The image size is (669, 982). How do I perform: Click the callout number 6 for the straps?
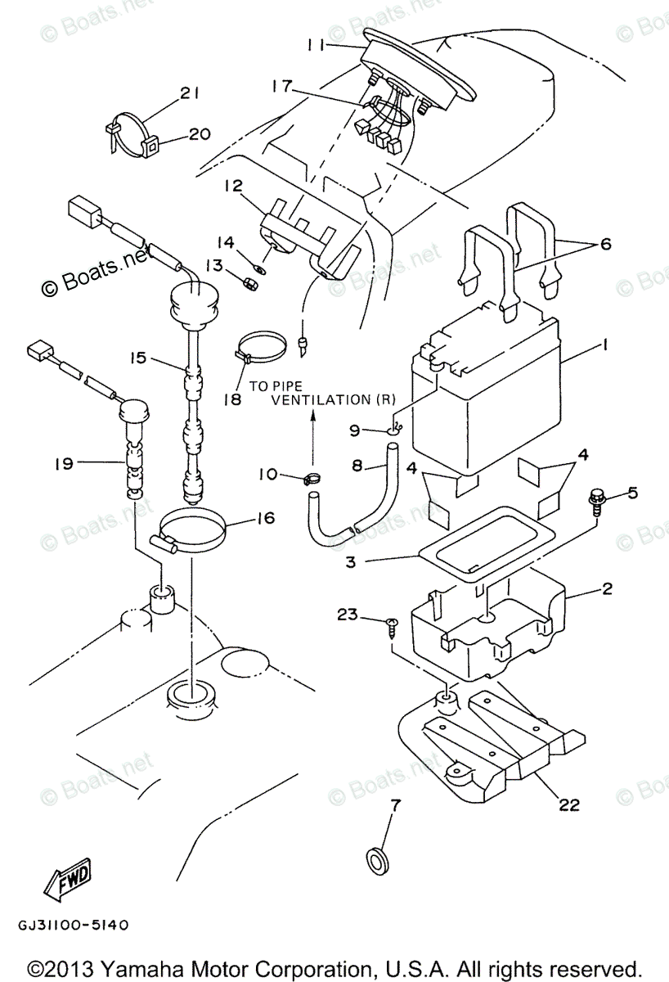point(604,244)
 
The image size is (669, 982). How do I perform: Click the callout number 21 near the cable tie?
point(189,94)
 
